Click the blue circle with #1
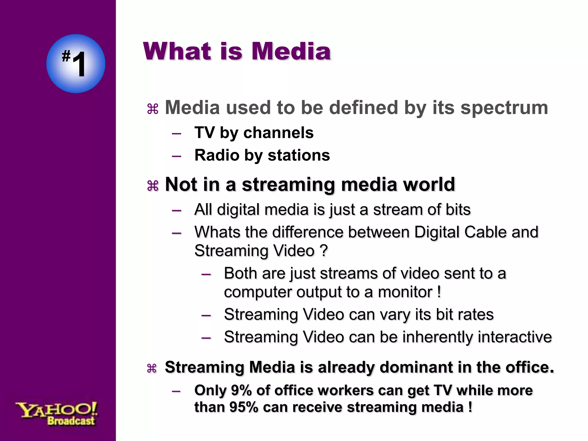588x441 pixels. pyautogui.click(x=76, y=63)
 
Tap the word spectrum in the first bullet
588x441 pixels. pyautogui.click(x=504, y=108)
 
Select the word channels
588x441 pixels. pyautogui.click(x=278, y=133)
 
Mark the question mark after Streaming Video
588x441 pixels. pyautogui.click(x=324, y=251)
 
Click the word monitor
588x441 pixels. pyautogui.click(x=405, y=292)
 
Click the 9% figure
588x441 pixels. pyautogui.click(x=241, y=390)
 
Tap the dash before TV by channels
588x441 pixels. pyautogui.click(x=176, y=134)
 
